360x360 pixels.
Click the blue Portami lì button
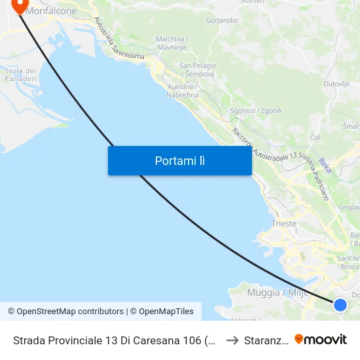coord(180,160)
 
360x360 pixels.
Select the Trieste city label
coord(283,223)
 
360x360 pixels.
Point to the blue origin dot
coord(340,304)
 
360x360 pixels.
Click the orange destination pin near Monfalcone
coord(20,5)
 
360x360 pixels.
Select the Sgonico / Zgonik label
coord(256,111)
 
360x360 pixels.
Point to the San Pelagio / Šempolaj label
coord(198,69)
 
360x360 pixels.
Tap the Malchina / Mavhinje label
coord(173,43)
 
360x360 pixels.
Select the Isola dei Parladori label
coord(21,75)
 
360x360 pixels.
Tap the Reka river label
coord(325,165)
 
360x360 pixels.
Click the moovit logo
coord(321,339)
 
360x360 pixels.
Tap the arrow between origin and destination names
coord(232,340)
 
